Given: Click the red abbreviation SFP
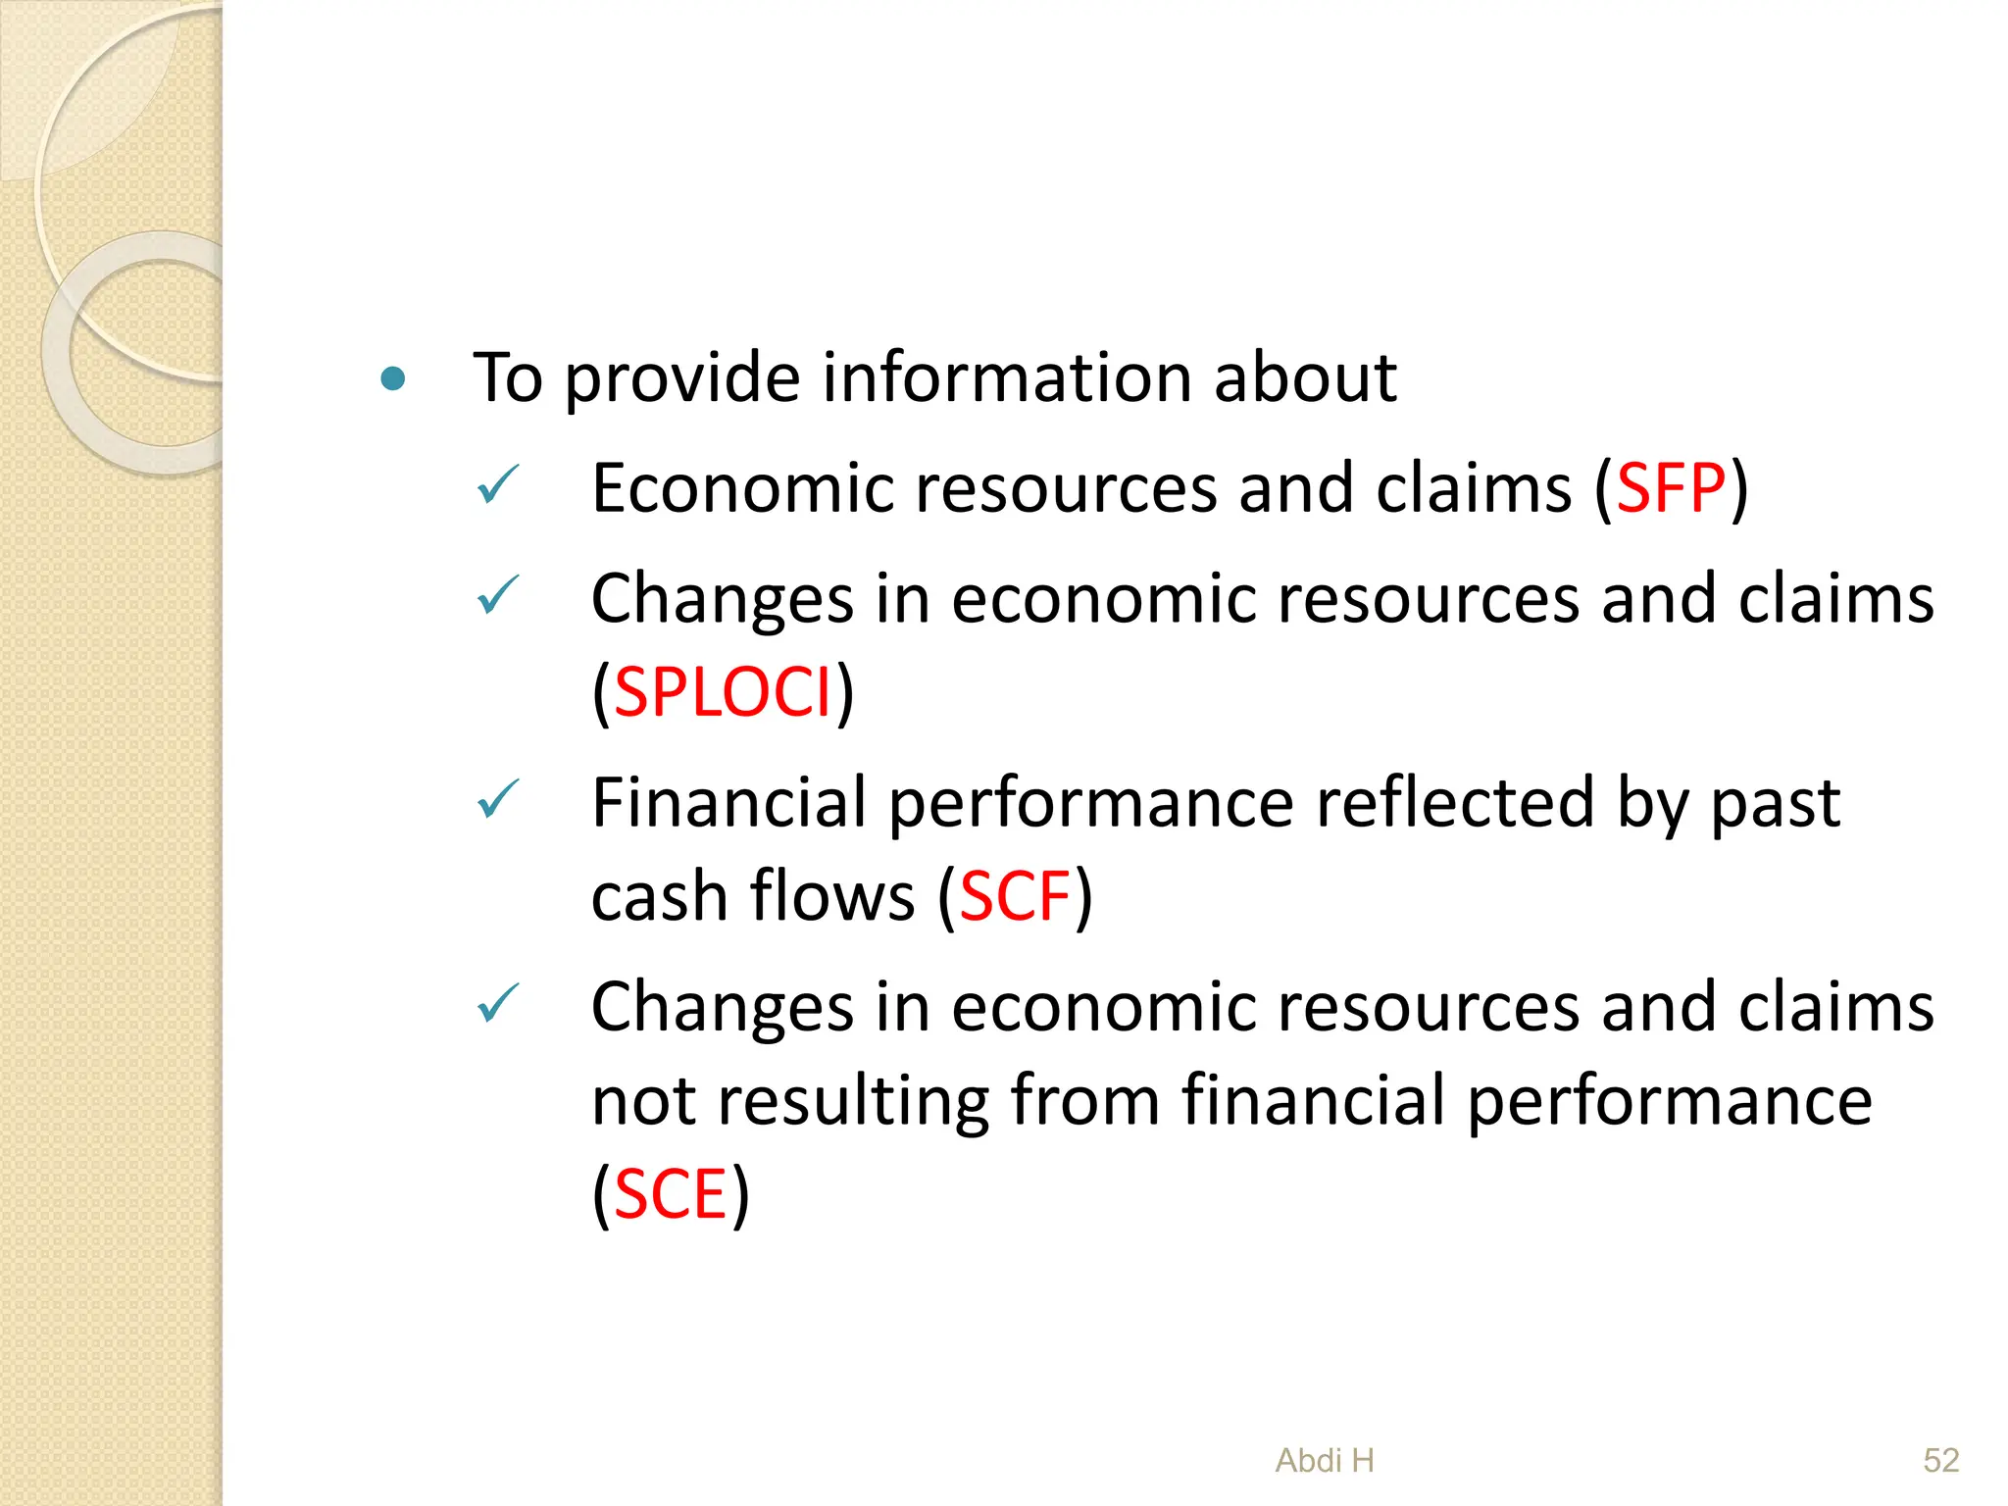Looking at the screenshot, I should click(1671, 488).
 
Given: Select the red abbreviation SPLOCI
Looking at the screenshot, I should click(723, 692).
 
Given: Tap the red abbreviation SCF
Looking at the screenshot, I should click(1014, 896).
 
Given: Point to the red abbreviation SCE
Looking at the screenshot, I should click(671, 1194).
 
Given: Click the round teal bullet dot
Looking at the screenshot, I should click(393, 378).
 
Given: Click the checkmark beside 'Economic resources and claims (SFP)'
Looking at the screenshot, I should click(497, 484).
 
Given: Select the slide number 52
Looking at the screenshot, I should click(1940, 1461).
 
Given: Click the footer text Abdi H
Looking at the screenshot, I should click(1325, 1461).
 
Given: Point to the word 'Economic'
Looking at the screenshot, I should click(739, 488).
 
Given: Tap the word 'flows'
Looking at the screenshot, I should click(832, 896).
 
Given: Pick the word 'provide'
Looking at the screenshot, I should click(682, 378).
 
